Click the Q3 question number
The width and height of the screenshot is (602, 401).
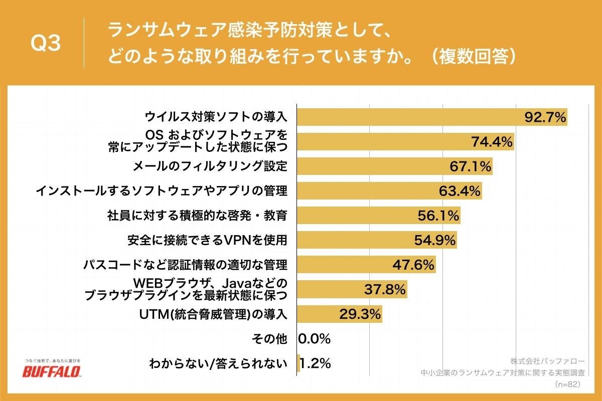tap(46, 44)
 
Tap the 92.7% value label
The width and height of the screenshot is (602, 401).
tap(545, 117)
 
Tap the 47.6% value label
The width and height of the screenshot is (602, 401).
tap(413, 265)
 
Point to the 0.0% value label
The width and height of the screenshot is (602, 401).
tap(315, 339)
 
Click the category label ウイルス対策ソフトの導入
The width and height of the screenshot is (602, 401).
tap(216, 117)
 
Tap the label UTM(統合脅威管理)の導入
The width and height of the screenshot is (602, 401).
tap(213, 314)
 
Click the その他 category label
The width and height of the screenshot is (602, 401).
tap(269, 339)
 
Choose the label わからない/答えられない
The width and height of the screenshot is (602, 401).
tap(218, 364)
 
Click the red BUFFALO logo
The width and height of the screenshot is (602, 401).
tap(52, 371)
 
